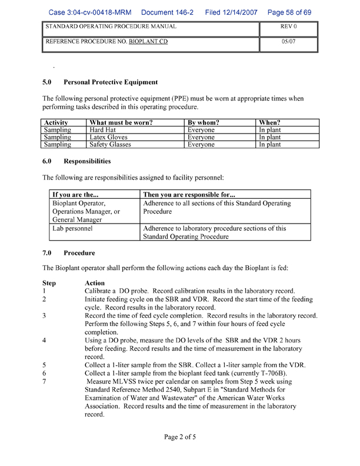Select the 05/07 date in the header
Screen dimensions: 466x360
tap(288, 42)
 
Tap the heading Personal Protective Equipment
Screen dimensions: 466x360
tap(111, 82)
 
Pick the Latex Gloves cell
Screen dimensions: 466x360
tap(108, 137)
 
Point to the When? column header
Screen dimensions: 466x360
tap(270, 122)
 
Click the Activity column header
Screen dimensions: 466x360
tap(57, 122)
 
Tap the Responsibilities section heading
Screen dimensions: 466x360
tap(87, 161)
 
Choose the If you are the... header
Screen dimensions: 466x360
tap(75, 194)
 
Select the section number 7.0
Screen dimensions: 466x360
tap(48, 253)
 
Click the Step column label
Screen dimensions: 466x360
tap(49, 283)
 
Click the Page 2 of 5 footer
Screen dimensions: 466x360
tap(179, 437)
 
